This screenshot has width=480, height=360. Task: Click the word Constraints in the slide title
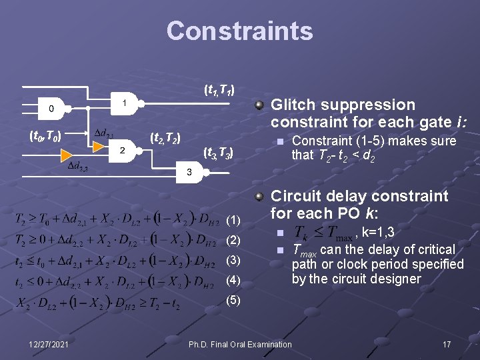(239, 31)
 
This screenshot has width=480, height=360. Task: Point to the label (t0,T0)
(46, 137)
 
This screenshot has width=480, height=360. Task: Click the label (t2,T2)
(165, 139)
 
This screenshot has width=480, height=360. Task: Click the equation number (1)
(233, 220)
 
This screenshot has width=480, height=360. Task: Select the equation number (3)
(233, 259)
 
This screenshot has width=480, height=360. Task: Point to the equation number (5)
(233, 299)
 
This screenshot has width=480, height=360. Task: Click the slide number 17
(447, 344)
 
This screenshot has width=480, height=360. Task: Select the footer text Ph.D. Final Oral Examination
(240, 344)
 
